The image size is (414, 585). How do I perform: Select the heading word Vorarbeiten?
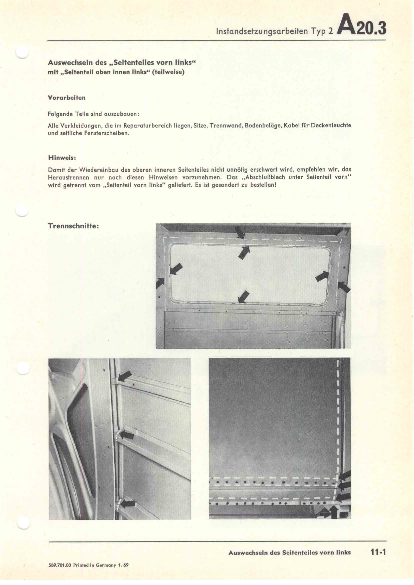(x=67, y=98)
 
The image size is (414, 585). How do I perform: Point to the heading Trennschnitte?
(x=73, y=226)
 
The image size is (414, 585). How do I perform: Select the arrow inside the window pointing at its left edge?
(x=176, y=269)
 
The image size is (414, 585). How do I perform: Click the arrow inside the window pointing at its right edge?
(x=322, y=276)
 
